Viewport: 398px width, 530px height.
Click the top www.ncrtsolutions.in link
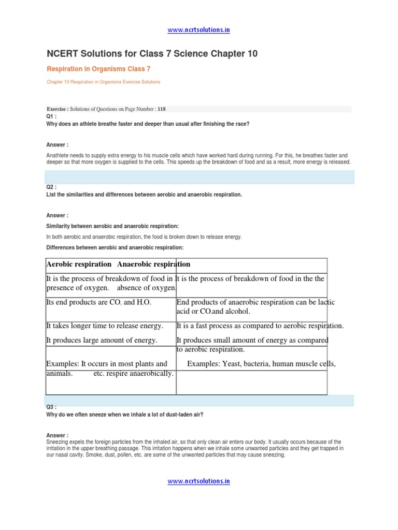198,30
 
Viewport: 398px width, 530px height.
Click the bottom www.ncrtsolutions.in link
198,481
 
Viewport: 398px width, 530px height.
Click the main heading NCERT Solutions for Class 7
152,54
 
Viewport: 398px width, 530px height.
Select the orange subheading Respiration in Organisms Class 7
98,69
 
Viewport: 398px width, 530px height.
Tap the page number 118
162,109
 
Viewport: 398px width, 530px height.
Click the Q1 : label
51,116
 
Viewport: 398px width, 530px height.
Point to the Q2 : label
51,187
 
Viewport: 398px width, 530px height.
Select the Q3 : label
51,407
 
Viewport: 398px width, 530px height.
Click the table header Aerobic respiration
79,264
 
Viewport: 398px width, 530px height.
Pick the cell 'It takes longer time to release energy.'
105,326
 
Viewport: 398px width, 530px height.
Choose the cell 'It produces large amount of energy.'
102,340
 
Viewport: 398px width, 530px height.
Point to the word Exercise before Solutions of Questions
57,109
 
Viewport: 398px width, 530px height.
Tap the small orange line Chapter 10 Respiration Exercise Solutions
103,82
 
